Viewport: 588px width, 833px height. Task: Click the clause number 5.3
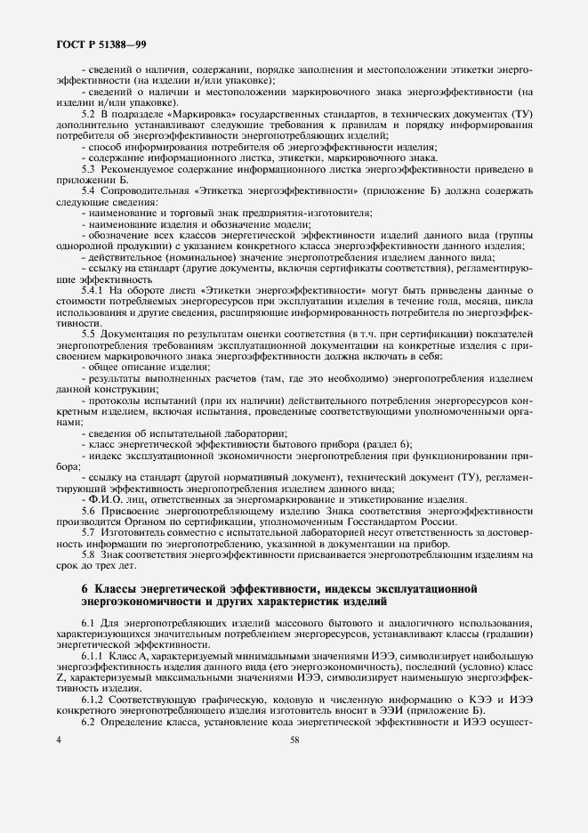point(88,168)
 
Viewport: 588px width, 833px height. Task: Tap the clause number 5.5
point(88,331)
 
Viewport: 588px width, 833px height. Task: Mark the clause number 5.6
point(88,513)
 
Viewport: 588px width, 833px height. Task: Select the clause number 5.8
point(88,554)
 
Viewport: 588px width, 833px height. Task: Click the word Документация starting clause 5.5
point(137,331)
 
